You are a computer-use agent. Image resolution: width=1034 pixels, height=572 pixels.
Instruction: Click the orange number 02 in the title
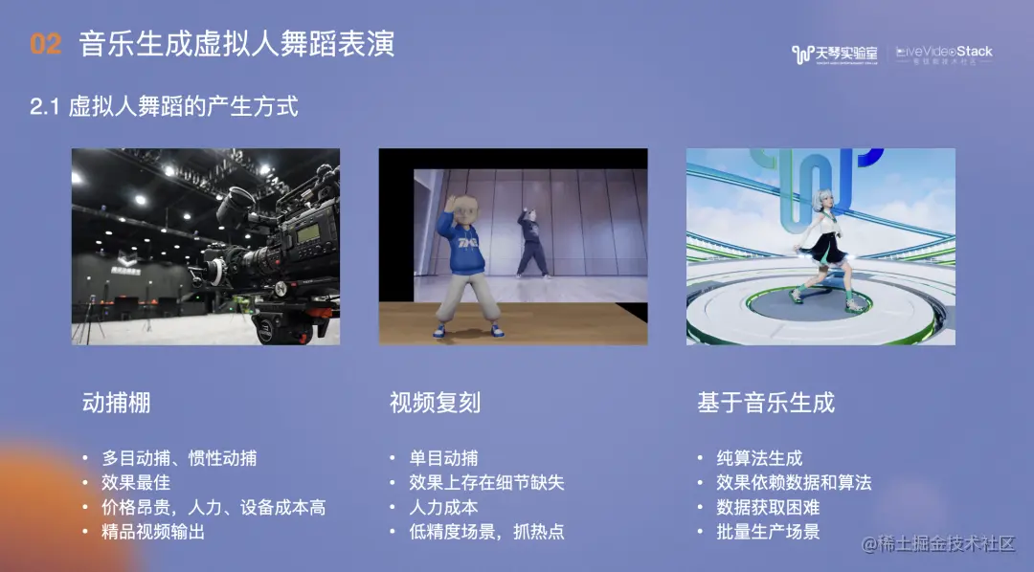coord(46,44)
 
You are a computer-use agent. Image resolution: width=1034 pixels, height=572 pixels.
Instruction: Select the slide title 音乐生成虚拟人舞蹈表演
coord(236,44)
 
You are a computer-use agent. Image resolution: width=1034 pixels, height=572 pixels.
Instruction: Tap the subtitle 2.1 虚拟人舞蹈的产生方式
coord(164,105)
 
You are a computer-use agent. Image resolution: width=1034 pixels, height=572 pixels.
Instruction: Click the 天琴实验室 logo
coord(835,55)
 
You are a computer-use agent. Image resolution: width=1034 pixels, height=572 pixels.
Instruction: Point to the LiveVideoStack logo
coord(944,55)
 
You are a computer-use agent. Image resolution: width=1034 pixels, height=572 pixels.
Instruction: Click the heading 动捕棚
coord(117,403)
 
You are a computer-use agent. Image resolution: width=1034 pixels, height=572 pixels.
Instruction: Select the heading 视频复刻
coord(435,403)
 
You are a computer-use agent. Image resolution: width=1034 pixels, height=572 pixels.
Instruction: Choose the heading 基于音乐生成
coord(766,403)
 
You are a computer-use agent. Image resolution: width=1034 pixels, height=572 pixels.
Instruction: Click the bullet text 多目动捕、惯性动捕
coord(179,458)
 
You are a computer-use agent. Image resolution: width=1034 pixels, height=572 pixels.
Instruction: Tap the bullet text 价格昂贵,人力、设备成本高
coord(214,507)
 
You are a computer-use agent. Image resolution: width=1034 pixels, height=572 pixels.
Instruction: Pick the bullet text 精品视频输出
coord(153,532)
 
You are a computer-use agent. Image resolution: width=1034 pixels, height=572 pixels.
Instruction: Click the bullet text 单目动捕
coord(443,458)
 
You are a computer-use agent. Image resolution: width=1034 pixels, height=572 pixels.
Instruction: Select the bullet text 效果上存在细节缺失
coord(486,482)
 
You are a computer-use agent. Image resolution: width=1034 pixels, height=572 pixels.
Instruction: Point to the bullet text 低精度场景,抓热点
coord(486,532)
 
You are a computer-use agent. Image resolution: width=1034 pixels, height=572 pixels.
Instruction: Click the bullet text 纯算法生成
coord(759,458)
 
